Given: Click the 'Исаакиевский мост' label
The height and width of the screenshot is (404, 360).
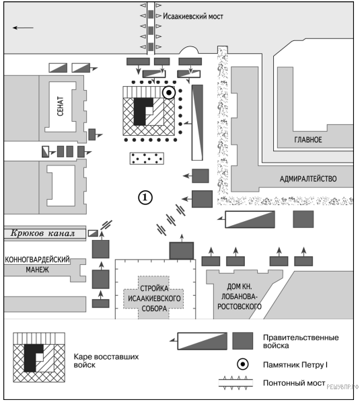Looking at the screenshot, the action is click(x=193, y=17).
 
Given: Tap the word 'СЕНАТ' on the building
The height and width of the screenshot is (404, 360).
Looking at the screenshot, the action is click(x=60, y=106).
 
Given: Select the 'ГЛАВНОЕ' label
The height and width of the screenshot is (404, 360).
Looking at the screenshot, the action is click(x=308, y=140).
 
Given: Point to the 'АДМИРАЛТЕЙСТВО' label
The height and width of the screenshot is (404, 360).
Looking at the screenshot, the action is click(x=308, y=179).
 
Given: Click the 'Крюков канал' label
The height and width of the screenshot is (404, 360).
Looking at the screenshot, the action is click(x=42, y=233).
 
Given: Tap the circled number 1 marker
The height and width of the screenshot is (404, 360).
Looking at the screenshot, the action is click(x=145, y=198).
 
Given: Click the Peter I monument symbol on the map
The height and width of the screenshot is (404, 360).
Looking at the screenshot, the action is click(x=169, y=92).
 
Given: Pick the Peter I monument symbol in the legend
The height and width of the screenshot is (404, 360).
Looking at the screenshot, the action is click(x=243, y=364).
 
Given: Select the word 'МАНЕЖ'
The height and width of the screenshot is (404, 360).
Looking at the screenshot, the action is click(x=38, y=270).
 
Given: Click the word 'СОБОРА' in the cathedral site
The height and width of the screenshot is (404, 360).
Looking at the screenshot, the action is click(x=154, y=309).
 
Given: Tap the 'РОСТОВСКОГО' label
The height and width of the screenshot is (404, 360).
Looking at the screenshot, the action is click(x=240, y=307).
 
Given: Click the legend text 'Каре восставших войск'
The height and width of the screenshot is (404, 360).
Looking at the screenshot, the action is click(x=106, y=361).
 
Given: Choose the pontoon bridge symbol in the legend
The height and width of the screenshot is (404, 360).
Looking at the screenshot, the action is click(x=236, y=382).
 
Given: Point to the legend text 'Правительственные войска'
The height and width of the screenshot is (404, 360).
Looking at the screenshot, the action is click(x=301, y=341).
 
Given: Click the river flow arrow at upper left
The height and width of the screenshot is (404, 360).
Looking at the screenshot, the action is click(x=23, y=28).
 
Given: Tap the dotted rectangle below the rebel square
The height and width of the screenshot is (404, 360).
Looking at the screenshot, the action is click(x=147, y=159).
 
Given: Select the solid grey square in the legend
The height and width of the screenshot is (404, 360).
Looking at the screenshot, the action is click(x=243, y=341).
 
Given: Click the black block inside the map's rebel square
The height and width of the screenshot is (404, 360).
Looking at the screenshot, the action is click(x=141, y=112).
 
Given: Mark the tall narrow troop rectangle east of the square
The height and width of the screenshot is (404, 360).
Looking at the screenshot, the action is click(x=197, y=122).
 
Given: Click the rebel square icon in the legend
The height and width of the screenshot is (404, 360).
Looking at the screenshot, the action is click(x=39, y=358).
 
